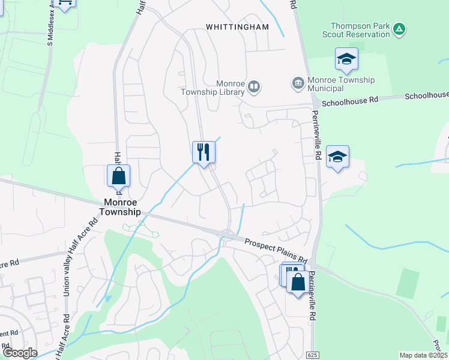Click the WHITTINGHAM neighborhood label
pyautogui.click(x=237, y=27)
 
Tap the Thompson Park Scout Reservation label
pyautogui.click(x=360, y=30)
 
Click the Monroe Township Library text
pyautogui.click(x=213, y=88)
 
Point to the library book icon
pyautogui.click(x=255, y=88)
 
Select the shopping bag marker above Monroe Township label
pyautogui.click(x=119, y=176)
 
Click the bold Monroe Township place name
pyautogui.click(x=122, y=207)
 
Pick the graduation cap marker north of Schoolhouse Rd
pyautogui.click(x=346, y=59)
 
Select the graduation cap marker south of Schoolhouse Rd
pyautogui.click(x=338, y=157)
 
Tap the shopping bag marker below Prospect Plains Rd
pyautogui.click(x=298, y=281)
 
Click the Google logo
pyautogui.click(x=20, y=353)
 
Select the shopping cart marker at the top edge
pyautogui.click(x=67, y=3)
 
